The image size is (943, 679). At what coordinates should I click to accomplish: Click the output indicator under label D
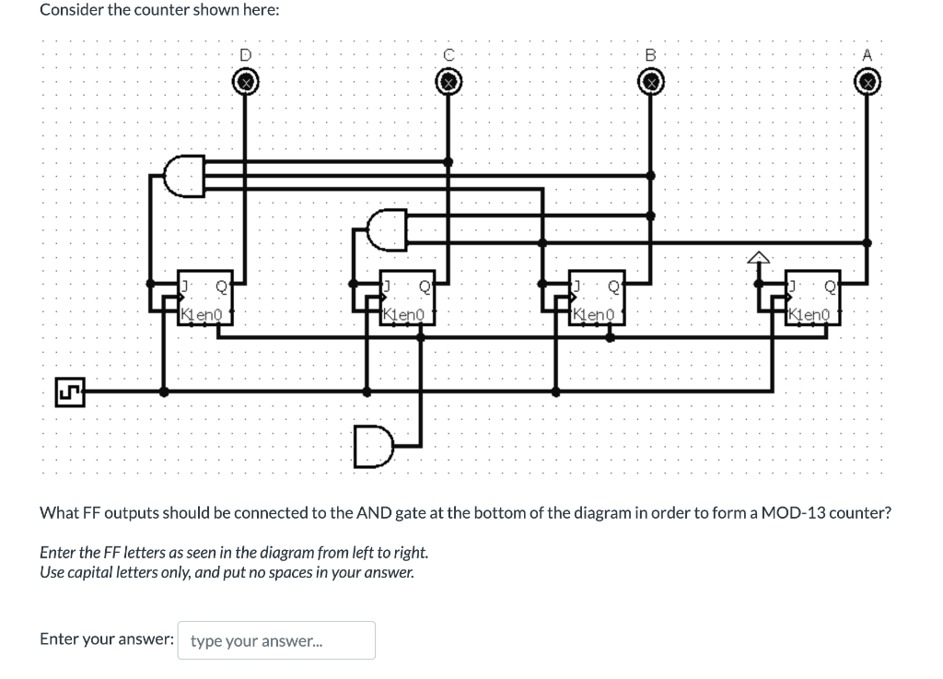244,84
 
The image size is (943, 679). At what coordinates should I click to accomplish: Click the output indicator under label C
448,84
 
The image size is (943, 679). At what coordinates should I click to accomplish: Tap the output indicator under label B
651,84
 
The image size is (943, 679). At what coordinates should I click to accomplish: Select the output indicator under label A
867,84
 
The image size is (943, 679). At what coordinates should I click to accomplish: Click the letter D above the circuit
245,55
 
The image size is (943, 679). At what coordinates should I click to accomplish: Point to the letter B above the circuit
651,55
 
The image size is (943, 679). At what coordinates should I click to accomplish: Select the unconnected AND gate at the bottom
372,447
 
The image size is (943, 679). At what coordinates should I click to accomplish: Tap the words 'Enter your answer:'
107,639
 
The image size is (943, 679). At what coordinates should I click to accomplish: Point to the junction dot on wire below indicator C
448,162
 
